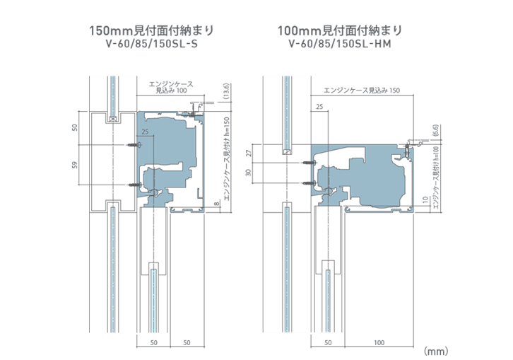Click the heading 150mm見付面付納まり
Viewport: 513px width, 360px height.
[x=150, y=31]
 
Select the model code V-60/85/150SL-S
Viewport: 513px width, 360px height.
[x=150, y=44]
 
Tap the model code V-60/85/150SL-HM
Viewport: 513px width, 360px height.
[x=340, y=44]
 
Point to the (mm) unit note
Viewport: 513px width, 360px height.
[x=436, y=350]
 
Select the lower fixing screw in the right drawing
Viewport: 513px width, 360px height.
[x=307, y=183]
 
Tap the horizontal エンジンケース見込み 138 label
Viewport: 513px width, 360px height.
[x=361, y=91]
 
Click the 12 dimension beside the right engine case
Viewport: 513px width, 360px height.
[x=424, y=200]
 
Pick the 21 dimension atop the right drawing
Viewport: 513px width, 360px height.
[x=319, y=106]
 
